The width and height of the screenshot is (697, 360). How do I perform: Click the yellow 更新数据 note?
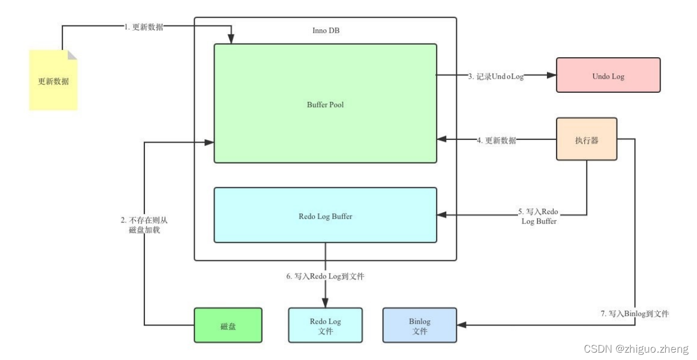[53, 80]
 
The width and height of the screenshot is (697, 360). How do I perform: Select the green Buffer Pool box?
[325, 104]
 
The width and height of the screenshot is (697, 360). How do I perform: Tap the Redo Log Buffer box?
[325, 216]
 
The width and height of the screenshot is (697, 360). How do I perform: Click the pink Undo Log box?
[608, 75]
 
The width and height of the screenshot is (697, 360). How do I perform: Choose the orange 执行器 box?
[587, 140]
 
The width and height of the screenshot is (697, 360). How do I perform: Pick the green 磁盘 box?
[228, 325]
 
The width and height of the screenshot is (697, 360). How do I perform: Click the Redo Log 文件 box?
[325, 325]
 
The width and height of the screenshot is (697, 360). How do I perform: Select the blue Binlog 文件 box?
[420, 325]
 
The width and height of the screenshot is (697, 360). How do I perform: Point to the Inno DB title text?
[326, 31]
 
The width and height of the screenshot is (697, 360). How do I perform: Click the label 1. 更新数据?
[144, 26]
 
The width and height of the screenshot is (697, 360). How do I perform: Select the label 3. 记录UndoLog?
[495, 76]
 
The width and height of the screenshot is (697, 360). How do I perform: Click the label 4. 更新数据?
[496, 140]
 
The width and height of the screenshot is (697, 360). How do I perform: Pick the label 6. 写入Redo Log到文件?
[325, 277]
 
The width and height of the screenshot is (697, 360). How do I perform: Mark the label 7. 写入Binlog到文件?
[634, 313]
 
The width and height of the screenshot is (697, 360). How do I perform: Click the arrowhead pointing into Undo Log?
[551, 75]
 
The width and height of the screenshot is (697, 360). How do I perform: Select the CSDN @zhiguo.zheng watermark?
[636, 349]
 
